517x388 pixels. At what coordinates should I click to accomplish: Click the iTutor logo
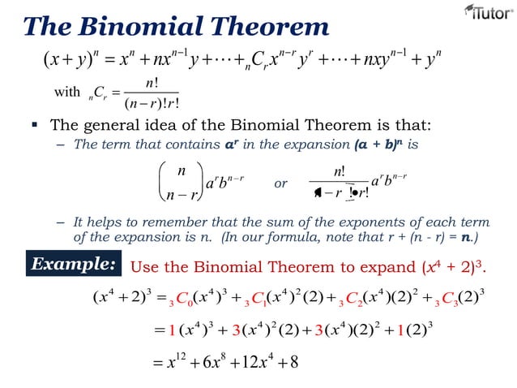[485, 13]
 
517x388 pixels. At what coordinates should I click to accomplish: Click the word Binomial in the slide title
[153, 26]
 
